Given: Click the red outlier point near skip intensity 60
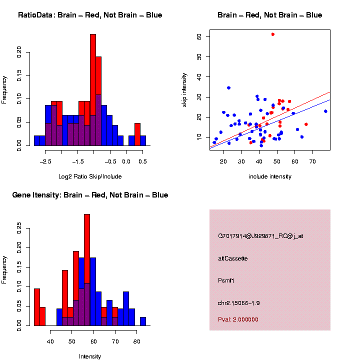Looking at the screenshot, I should (x=272, y=34).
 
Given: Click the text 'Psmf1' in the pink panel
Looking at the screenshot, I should (x=226, y=280).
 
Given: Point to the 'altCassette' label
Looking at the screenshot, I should (x=232, y=258).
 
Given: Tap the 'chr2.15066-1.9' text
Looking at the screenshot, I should (x=239, y=303).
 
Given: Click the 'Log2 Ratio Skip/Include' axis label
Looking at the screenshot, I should (x=90, y=176).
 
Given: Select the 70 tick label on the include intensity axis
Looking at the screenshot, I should (x=312, y=161).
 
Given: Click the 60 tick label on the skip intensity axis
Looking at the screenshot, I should (x=199, y=36).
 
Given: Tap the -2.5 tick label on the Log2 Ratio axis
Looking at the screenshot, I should (x=45, y=161).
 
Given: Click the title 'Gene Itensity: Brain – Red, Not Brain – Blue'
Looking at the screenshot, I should (x=90, y=195).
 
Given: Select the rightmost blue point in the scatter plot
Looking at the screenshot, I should (x=325, y=111).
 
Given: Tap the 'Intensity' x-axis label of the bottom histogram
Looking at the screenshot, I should (x=90, y=356).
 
